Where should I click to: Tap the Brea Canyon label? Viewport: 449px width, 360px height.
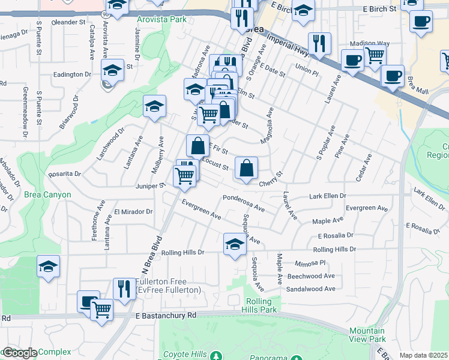(47, 194)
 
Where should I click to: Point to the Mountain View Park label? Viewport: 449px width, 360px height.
(367, 335)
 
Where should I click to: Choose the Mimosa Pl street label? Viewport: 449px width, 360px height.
(310, 263)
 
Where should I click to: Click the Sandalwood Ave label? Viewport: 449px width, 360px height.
(311, 289)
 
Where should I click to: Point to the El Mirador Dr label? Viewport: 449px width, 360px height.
(133, 212)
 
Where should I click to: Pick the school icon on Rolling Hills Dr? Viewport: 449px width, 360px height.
(235, 244)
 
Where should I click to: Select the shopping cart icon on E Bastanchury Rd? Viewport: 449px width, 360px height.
(102, 310)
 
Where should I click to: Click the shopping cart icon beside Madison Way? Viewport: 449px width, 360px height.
(375, 55)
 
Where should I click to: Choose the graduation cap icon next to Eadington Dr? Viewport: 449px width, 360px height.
(112, 70)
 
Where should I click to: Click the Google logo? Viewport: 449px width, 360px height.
(19, 353)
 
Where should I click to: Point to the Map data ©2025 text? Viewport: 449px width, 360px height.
(424, 355)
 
